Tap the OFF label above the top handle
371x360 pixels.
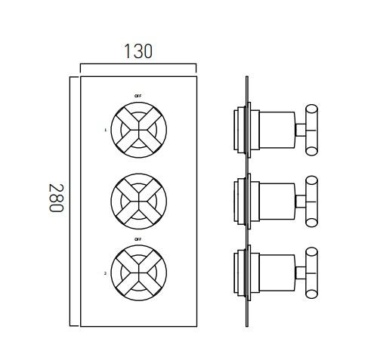(x=138, y=97)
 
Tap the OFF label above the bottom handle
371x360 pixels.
(x=138, y=239)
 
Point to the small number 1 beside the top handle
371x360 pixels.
(x=106, y=130)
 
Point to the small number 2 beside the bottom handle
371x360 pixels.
(x=106, y=274)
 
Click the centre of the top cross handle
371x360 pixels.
(x=138, y=129)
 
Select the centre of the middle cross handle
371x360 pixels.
(x=138, y=201)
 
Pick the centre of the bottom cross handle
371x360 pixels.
(x=138, y=272)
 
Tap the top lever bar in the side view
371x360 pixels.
(x=311, y=129)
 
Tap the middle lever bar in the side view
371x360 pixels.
(x=311, y=201)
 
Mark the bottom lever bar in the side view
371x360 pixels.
(x=311, y=272)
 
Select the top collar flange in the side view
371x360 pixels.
(x=242, y=129)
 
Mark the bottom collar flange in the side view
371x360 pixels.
(x=242, y=272)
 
